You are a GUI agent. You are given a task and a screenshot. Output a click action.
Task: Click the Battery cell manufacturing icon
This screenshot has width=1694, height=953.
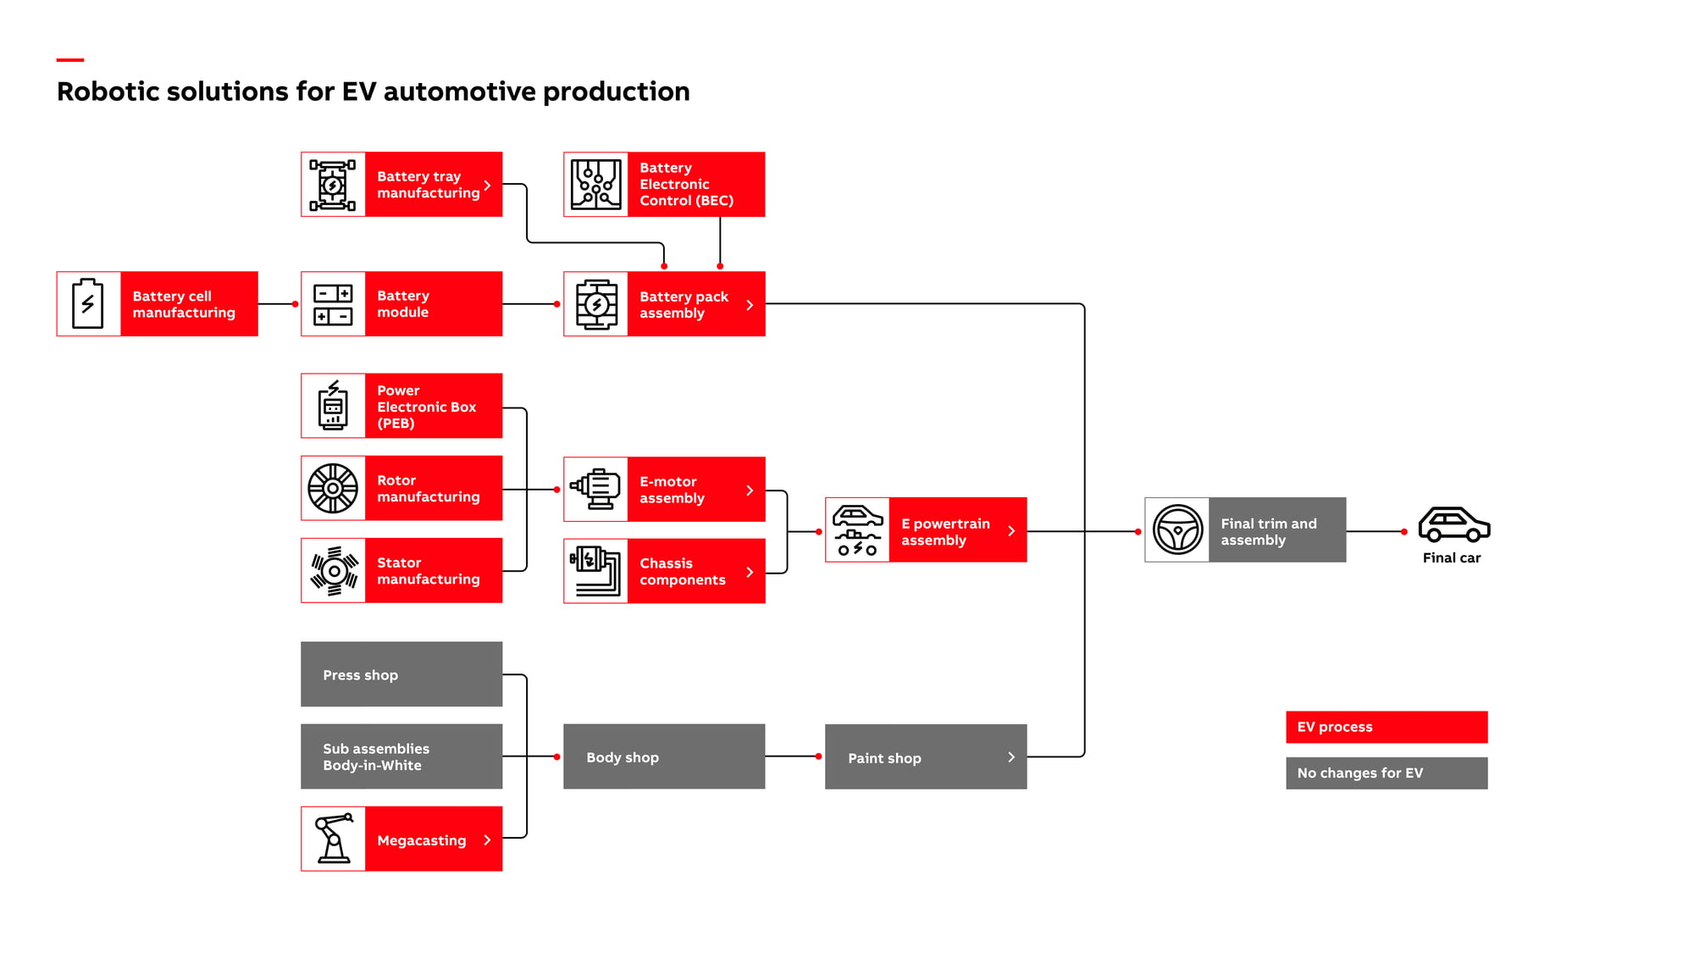88,303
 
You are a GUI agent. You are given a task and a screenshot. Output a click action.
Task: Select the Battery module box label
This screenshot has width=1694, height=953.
403,304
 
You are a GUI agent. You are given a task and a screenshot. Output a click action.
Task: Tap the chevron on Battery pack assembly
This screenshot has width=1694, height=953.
750,305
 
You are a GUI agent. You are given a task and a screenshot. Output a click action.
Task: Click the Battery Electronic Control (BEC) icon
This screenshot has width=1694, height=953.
596,185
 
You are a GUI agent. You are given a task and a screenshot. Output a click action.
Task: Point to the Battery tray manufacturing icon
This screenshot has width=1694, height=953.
333,185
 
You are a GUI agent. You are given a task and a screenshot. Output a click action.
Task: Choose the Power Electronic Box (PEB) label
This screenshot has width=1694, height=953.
427,407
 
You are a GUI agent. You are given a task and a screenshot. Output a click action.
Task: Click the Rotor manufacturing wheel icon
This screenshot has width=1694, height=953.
333,489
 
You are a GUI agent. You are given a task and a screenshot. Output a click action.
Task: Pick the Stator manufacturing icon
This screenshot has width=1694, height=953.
334,571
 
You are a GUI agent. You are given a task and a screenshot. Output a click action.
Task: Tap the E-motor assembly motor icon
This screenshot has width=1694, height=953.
596,489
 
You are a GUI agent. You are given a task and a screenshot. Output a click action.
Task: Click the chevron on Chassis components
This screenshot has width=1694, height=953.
750,573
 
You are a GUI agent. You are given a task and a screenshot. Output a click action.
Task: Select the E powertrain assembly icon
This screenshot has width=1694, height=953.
857,530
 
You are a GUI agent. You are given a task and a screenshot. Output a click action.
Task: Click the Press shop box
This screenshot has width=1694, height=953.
401,674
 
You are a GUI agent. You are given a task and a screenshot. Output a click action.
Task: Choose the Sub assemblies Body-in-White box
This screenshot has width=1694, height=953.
401,756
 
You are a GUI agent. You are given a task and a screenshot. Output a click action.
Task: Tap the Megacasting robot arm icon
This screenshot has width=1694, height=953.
334,839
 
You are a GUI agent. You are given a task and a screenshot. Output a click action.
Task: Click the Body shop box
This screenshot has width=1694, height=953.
664,756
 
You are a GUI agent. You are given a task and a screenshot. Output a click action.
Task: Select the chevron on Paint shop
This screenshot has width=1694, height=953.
1011,757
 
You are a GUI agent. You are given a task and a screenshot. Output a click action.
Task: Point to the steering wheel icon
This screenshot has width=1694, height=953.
1177,530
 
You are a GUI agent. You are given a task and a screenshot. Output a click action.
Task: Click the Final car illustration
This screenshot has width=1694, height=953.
1454,524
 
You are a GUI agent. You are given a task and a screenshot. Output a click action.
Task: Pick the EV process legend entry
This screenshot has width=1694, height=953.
1387,727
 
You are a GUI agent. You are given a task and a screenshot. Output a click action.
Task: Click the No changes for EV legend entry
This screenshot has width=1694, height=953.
1387,773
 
